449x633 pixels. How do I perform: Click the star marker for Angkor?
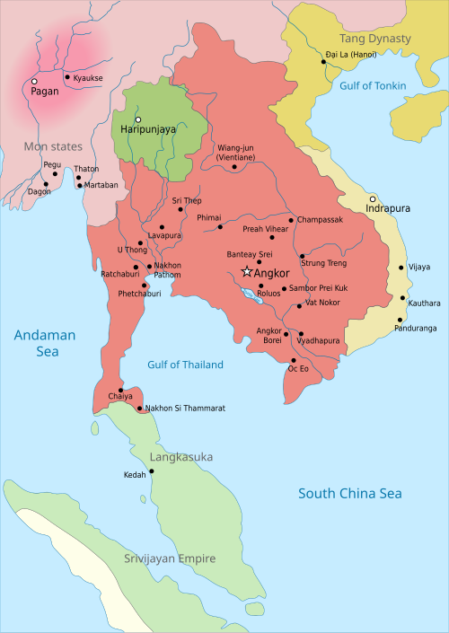pyautogui.click(x=247, y=272)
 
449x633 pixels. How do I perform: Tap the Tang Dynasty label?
pyautogui.click(x=374, y=39)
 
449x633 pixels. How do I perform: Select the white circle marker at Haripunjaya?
pyautogui.click(x=138, y=119)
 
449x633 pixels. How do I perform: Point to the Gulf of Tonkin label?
pyautogui.click(x=373, y=86)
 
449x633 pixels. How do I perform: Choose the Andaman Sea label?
pyautogui.click(x=43, y=343)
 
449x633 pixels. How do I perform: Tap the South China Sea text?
pyautogui.click(x=350, y=493)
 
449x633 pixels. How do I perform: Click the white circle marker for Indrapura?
pyautogui.click(x=372, y=198)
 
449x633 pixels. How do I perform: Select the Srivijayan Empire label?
pyautogui.click(x=170, y=558)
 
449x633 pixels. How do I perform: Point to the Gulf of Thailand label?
pyautogui.click(x=185, y=365)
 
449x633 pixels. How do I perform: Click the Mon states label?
pyautogui.click(x=53, y=146)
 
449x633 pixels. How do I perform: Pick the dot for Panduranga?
pyautogui.click(x=401, y=319)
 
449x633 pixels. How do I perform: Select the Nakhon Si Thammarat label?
pyautogui.click(x=185, y=409)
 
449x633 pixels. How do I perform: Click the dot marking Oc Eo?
pyautogui.click(x=293, y=359)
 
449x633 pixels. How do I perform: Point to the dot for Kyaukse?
pyautogui.click(x=66, y=77)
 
